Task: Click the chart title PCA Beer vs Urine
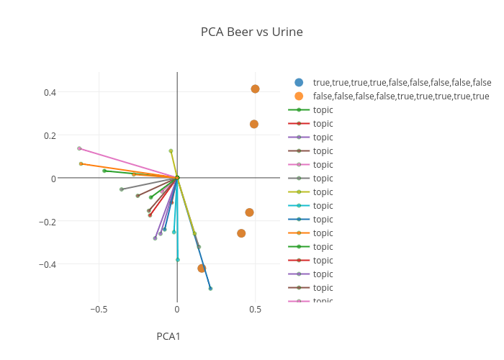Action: click(x=251, y=32)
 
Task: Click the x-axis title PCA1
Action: click(x=168, y=336)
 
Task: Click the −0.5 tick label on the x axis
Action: click(x=99, y=310)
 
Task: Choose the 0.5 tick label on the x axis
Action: click(x=256, y=310)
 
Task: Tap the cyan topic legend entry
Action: click(x=323, y=206)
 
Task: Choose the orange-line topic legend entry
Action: click(x=323, y=233)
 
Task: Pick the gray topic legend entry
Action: click(x=323, y=179)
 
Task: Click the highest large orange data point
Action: click(x=255, y=89)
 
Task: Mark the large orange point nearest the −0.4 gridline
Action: click(x=202, y=268)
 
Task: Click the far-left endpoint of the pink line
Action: click(x=79, y=148)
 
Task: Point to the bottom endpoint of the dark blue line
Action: click(x=210, y=288)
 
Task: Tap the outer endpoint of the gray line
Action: click(x=121, y=189)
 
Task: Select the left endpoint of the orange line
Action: click(x=81, y=163)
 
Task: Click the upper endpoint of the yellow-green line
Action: click(x=171, y=150)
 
